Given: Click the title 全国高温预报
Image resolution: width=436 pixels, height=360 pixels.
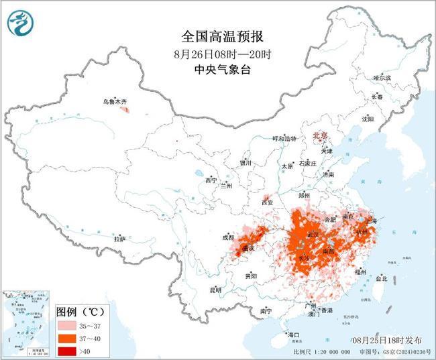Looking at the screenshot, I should click(x=218, y=36).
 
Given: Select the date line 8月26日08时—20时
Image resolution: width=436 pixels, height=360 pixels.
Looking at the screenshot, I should click(x=218, y=52).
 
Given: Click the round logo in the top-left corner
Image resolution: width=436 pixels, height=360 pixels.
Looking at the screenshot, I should click(x=21, y=23).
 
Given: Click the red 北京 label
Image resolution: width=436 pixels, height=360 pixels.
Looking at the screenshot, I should click(x=320, y=136).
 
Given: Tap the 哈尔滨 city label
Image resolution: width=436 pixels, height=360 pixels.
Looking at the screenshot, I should click(x=381, y=78).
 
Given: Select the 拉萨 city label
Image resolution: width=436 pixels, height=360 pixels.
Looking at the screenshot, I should click(x=119, y=239).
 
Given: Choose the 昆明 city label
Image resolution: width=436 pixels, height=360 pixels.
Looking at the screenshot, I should click(x=215, y=290).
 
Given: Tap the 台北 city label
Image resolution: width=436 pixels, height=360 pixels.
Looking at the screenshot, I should click(x=381, y=278).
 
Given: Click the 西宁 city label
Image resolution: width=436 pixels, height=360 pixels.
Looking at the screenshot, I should click(x=211, y=180).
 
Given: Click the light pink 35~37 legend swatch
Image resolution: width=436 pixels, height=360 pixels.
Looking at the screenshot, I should click(x=68, y=324).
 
